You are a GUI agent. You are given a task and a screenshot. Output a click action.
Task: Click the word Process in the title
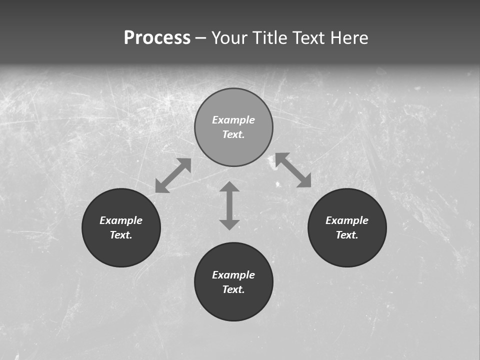pos(157,38)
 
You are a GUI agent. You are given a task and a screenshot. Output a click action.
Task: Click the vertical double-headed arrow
pos(229,205)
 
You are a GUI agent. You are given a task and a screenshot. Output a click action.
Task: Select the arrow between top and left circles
pos(173,175)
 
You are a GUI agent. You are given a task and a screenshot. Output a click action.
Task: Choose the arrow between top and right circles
pos(293,170)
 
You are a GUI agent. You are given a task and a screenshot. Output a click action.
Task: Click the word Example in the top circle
pos(233,120)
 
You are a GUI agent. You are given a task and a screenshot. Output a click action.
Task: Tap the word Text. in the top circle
pos(233,134)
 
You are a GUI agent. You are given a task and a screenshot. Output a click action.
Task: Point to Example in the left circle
pos(121,220)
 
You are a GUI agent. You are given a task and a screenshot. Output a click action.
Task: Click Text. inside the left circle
pos(121,235)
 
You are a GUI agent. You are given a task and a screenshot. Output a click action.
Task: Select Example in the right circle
pos(347,220)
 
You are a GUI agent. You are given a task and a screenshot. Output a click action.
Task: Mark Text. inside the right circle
pos(347,235)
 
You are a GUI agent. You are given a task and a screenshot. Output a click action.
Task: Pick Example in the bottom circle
pos(233,275)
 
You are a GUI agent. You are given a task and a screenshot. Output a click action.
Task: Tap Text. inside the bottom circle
pos(233,289)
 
